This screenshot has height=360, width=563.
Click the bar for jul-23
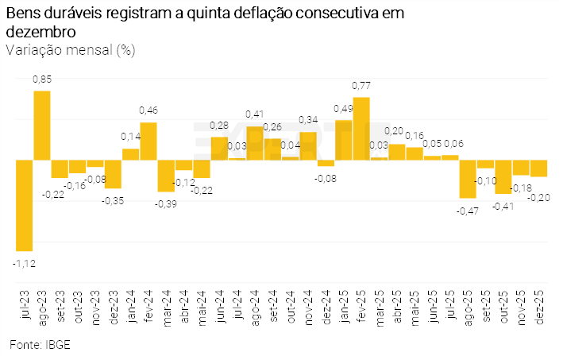pyautogui.click(x=25, y=205)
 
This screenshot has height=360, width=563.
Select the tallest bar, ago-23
pyautogui.click(x=42, y=126)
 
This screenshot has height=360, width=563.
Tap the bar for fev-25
pyautogui.click(x=361, y=129)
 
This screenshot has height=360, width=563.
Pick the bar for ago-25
pyautogui.click(x=468, y=179)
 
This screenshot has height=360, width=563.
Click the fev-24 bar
pyautogui.click(x=148, y=141)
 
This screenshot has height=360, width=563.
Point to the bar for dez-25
pyautogui.click(x=539, y=168)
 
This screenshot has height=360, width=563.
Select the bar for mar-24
pyautogui.click(x=166, y=176)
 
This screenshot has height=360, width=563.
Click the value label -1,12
pyautogui.click(x=25, y=262)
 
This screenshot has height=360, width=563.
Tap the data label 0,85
pyautogui.click(x=42, y=79)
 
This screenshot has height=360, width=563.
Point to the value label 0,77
pyautogui.click(x=361, y=86)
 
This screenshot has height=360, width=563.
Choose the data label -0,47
pyautogui.click(x=468, y=211)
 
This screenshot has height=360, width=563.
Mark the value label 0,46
pyautogui.click(x=148, y=110)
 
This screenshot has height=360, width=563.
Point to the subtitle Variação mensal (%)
pyautogui.click(x=71, y=50)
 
